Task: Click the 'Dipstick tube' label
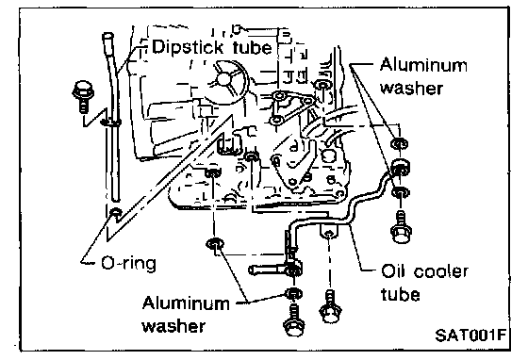211,47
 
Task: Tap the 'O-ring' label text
128,264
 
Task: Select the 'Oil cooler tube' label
423,283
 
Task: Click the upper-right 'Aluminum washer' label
423,76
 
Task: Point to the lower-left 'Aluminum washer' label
185,315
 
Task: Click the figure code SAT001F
470,335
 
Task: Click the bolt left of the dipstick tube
83,96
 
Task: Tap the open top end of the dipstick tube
107,36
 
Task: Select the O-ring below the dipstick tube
116,213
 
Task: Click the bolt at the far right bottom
401,227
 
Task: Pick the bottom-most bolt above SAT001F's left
294,320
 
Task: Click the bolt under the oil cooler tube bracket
330,306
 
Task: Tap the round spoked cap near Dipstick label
225,80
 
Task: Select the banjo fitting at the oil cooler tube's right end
401,167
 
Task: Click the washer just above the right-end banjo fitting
400,144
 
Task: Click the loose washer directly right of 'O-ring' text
215,243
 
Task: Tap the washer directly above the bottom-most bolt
293,293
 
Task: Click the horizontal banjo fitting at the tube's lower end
275,270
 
